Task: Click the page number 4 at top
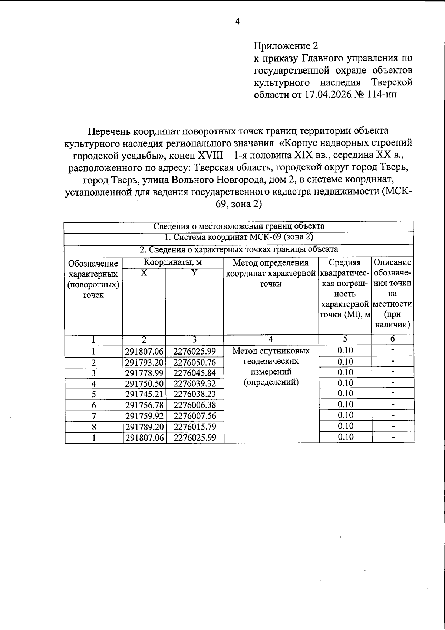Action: (238, 22)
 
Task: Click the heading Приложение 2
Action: (286, 46)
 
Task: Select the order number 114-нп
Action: (381, 94)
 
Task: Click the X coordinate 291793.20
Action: (144, 362)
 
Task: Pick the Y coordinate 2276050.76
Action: (194, 362)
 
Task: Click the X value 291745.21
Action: (144, 394)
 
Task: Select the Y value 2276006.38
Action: (194, 405)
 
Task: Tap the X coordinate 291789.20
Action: (144, 427)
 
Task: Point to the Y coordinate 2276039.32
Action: (194, 383)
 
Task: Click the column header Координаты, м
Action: (173, 262)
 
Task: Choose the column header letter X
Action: (144, 273)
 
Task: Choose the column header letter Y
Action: (194, 273)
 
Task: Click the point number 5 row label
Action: (94, 394)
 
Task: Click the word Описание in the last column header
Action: (392, 262)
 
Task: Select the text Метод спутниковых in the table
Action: (271, 351)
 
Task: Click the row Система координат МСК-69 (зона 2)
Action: (239, 237)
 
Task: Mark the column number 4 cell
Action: (271, 339)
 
